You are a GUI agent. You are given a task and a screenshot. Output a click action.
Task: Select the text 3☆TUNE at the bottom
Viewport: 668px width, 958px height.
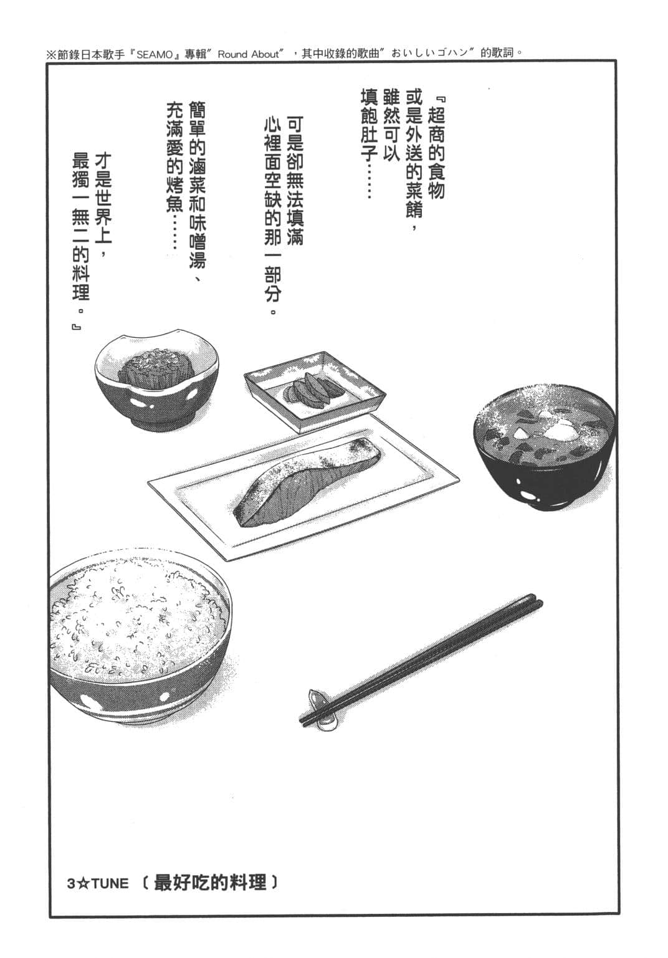click(98, 884)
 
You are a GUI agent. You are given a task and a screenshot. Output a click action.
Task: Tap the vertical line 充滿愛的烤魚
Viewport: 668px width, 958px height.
click(174, 175)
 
